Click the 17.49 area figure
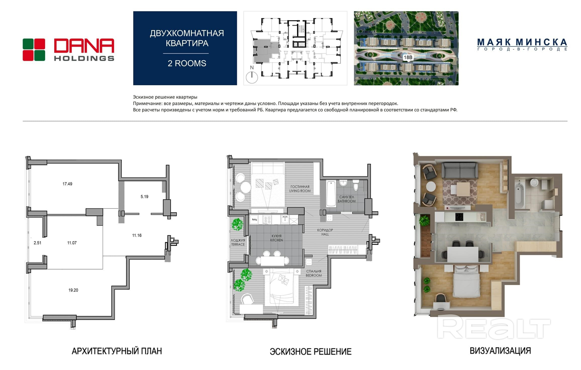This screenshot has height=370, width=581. [x=67, y=184]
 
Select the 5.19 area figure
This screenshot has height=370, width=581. [x=144, y=197]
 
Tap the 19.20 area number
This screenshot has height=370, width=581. [x=73, y=290]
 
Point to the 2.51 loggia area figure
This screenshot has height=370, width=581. [x=37, y=243]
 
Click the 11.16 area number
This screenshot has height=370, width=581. [x=137, y=235]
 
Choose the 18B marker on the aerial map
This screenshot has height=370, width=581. [x=408, y=57]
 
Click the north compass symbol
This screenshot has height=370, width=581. [x=252, y=77]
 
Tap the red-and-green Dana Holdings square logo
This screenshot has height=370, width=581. [x=34, y=50]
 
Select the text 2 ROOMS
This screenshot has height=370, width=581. [x=187, y=63]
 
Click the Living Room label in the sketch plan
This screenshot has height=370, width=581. [x=300, y=189]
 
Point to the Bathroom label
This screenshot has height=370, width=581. [x=347, y=199]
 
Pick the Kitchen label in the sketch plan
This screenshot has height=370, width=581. [x=276, y=238]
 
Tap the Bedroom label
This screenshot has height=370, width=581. [x=314, y=273]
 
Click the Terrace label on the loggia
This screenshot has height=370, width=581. [x=238, y=242]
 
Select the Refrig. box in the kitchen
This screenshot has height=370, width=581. [x=254, y=220]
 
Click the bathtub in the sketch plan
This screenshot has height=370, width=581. [x=331, y=194]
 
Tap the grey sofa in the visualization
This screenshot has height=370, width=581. [x=460, y=170]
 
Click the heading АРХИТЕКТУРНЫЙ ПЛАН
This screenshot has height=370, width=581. [x=117, y=351]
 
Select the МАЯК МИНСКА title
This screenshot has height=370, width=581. [x=522, y=42]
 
